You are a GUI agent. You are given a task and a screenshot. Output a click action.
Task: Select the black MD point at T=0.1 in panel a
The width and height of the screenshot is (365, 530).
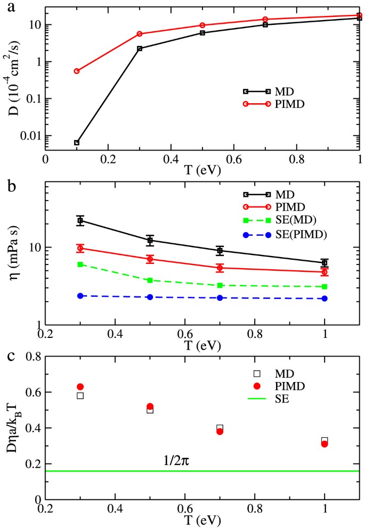[x=77, y=143]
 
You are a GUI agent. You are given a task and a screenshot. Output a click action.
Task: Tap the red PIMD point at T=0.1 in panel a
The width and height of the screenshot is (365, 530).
[x=77, y=71]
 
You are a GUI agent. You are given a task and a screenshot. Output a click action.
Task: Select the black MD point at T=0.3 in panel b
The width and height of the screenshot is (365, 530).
[x=80, y=220]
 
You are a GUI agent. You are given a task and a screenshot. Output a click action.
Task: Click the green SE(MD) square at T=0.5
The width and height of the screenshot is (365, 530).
[x=150, y=280]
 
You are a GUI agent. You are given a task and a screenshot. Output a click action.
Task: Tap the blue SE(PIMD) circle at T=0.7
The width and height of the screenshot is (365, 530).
[x=220, y=297]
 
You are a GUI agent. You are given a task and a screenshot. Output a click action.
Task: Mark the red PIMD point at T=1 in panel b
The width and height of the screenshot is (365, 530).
[x=324, y=272]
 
